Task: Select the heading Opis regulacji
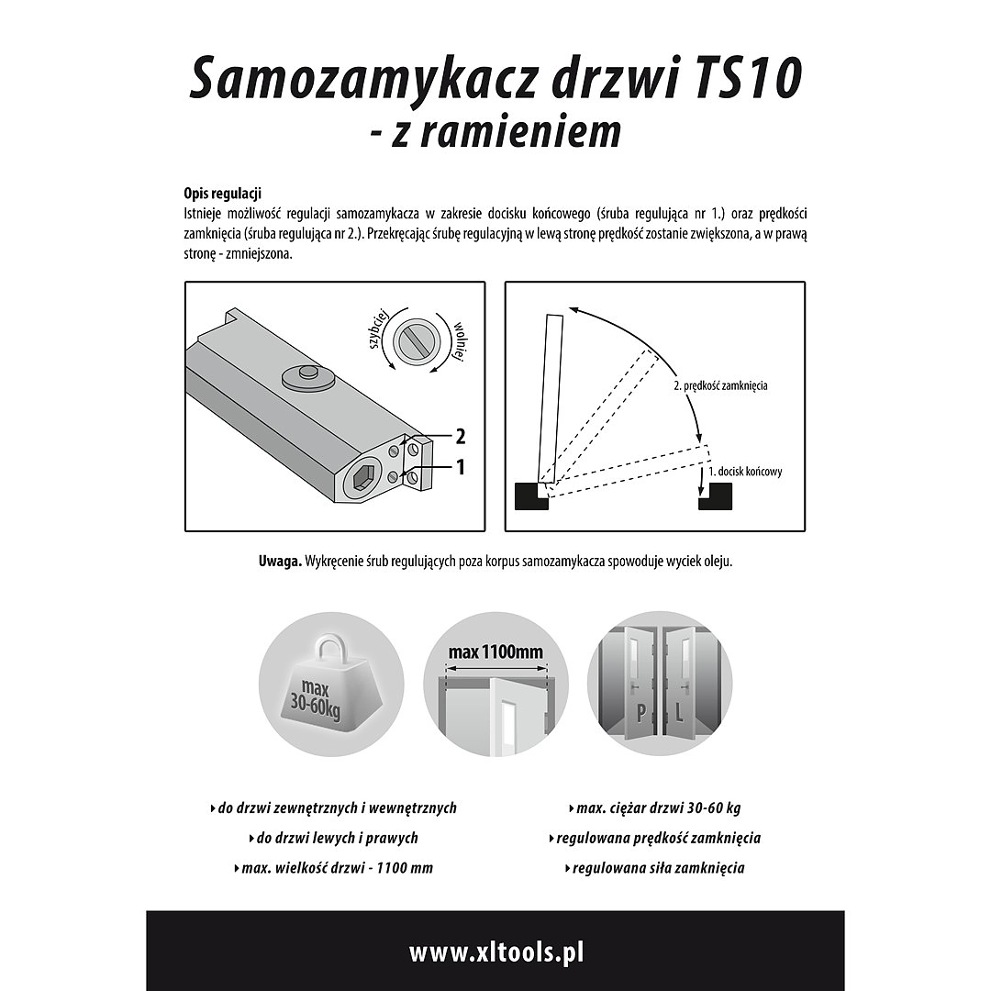click(x=223, y=194)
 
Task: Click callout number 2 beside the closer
click(x=460, y=436)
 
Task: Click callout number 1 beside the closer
click(x=460, y=468)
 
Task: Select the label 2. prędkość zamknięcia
click(x=720, y=386)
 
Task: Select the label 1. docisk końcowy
click(x=745, y=472)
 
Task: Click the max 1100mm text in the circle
click(x=495, y=652)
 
